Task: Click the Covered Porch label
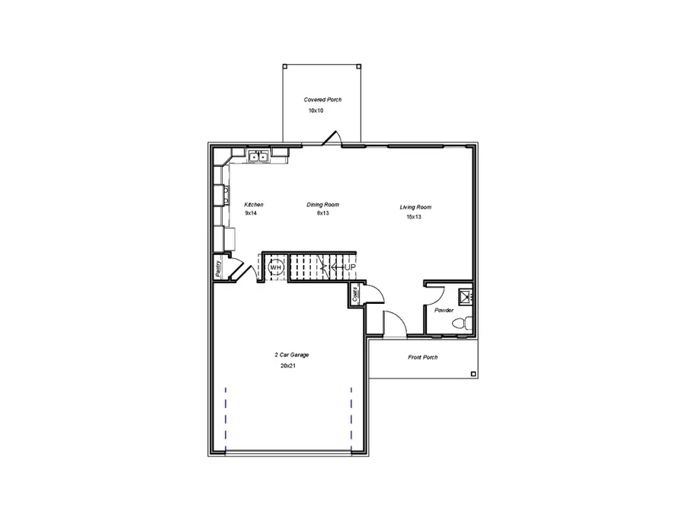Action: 322,100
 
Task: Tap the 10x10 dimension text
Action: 316,110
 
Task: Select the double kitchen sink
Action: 259,157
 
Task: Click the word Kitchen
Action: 254,205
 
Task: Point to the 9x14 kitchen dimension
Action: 252,214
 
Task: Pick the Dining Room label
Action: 322,205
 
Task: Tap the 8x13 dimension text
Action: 322,214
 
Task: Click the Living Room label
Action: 415,207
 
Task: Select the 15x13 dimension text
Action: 413,217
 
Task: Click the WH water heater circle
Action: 275,267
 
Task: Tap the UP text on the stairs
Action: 349,267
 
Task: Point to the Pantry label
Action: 218,268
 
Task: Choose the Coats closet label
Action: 356,294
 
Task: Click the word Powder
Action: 444,311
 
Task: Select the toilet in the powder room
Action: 460,324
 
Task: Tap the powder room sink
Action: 465,295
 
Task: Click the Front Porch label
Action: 422,357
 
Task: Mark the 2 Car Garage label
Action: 291,356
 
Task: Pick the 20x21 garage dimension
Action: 288,366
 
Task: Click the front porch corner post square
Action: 473,374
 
